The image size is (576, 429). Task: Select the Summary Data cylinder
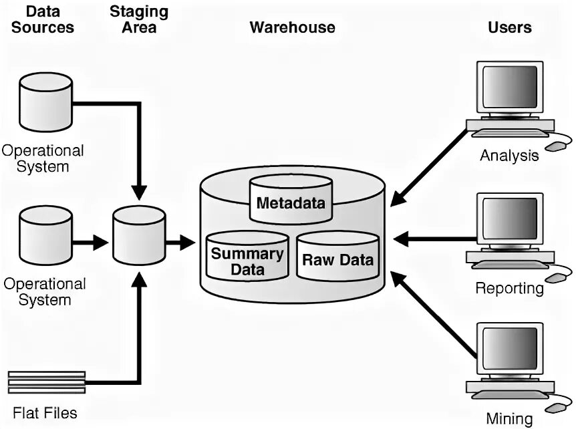[x=247, y=257]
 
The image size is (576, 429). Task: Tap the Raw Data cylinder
[x=337, y=257]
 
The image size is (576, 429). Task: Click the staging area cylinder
[x=139, y=235]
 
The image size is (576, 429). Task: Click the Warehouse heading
[x=292, y=27]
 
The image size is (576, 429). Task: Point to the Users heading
[x=510, y=27]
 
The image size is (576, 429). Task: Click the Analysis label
[x=509, y=156]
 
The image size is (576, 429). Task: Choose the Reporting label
[x=510, y=288]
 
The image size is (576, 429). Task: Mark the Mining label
[x=509, y=419]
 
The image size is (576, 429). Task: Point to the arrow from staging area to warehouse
[x=179, y=242]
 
